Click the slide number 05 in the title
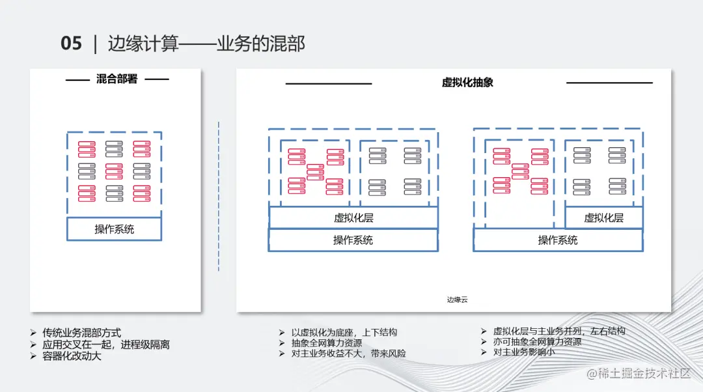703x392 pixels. click(72, 44)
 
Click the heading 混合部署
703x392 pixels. click(117, 79)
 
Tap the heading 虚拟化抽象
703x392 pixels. click(467, 83)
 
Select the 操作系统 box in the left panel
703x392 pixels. click(115, 229)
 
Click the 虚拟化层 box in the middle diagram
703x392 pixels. click(353, 218)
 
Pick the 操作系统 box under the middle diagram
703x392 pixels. click(353, 240)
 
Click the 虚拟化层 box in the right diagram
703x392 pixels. click(603, 218)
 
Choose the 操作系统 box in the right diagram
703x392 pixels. click(558, 240)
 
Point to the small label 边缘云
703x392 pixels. click(457, 300)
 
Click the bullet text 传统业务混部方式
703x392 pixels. click(82, 333)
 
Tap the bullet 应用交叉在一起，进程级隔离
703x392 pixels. click(106, 344)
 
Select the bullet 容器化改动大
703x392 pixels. click(72, 356)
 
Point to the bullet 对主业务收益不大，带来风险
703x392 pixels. click(348, 354)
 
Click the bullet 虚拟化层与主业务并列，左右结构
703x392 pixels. click(559, 331)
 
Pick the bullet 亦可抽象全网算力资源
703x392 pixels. click(537, 341)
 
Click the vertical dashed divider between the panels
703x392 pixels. click(219, 195)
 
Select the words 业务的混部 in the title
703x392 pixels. click(261, 44)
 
